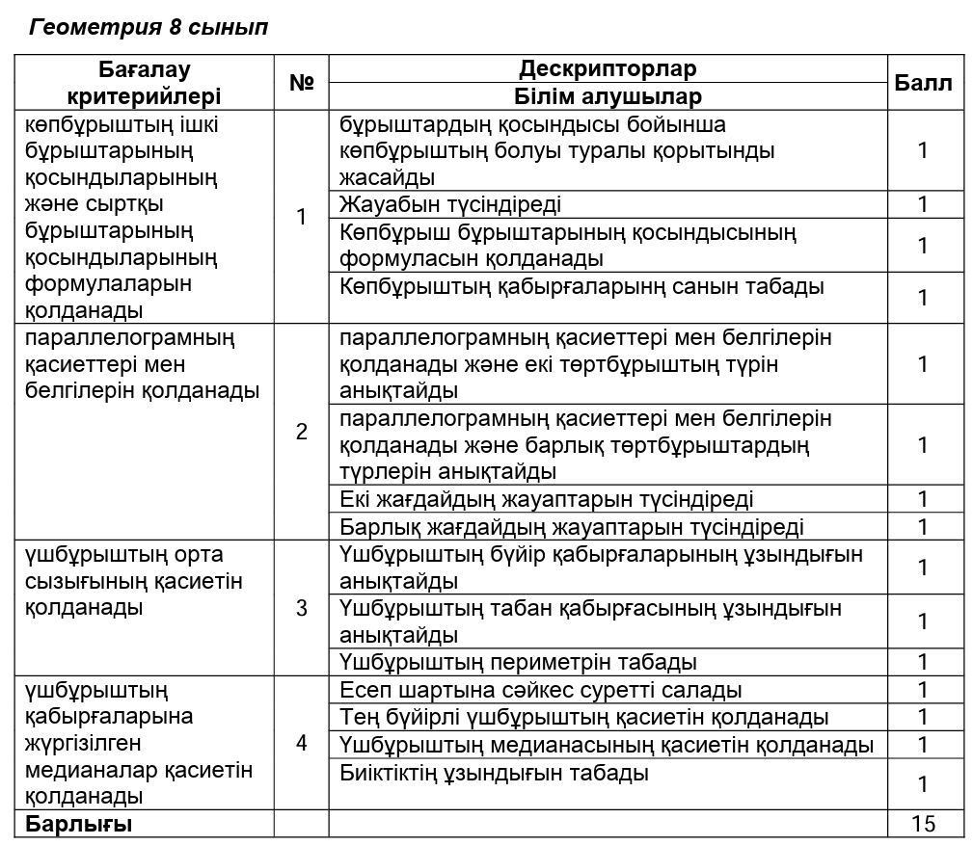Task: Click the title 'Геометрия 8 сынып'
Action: (x=149, y=28)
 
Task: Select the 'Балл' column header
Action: (x=923, y=83)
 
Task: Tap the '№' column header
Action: (x=302, y=83)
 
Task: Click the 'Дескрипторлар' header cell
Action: (x=608, y=69)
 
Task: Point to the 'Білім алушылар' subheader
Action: (x=608, y=96)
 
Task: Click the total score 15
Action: (x=923, y=824)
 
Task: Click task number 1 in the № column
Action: (x=302, y=218)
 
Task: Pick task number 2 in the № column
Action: (x=302, y=432)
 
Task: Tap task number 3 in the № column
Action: (x=302, y=608)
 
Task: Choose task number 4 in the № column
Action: (x=302, y=744)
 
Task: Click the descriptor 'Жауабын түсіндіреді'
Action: (x=450, y=204)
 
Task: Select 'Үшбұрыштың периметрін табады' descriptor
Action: (x=519, y=662)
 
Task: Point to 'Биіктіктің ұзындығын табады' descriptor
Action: (x=495, y=773)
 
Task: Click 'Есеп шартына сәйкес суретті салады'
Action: (x=541, y=690)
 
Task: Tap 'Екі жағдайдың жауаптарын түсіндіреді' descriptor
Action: (x=547, y=499)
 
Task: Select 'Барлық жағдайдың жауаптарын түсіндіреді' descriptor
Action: (x=572, y=527)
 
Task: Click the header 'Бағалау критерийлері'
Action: (x=145, y=83)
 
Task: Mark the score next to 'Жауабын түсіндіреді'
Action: (x=923, y=204)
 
